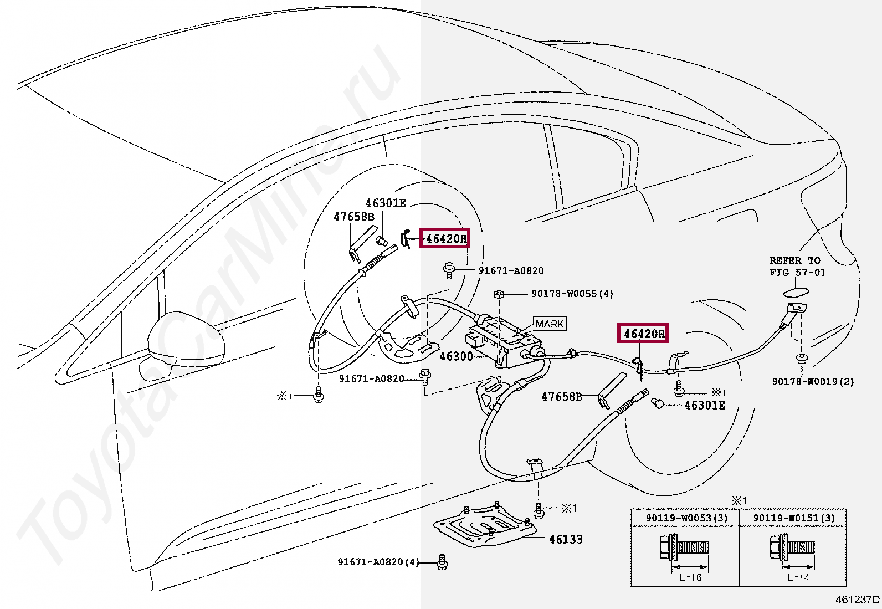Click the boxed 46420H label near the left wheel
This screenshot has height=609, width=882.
(444, 238)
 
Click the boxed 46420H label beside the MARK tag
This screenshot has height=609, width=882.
(643, 334)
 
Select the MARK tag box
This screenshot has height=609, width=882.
(550, 324)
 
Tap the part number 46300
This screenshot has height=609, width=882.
(456, 356)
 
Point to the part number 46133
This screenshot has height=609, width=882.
(566, 539)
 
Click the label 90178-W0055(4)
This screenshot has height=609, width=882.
(572, 294)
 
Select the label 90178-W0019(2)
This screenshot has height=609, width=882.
(813, 381)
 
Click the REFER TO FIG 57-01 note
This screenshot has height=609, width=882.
(797, 267)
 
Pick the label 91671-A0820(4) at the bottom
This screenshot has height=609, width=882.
(378, 562)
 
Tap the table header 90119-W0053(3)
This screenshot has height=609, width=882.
(686, 518)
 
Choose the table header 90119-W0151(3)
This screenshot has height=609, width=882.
(793, 518)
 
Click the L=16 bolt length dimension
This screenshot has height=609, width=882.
(690, 577)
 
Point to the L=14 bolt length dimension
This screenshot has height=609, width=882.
(798, 577)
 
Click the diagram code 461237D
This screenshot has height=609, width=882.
(857, 600)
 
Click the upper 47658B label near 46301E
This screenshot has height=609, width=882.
(354, 217)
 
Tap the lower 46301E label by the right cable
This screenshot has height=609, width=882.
(705, 405)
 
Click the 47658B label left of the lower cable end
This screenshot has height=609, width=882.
(562, 397)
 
